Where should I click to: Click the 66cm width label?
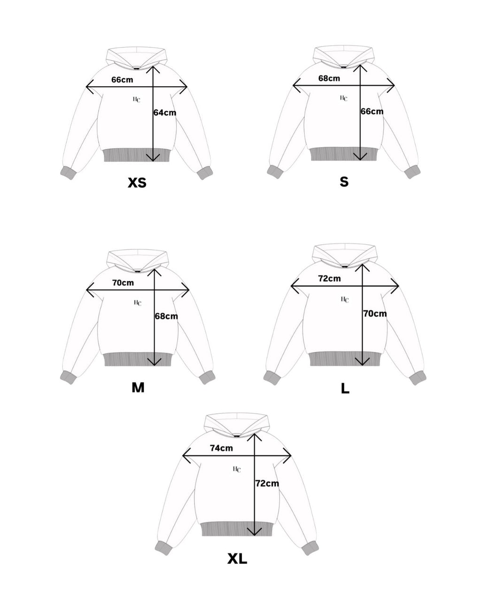[122, 79]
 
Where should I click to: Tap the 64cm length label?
[165, 113]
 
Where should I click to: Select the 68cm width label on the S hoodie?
[329, 78]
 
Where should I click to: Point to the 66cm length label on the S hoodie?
[372, 111]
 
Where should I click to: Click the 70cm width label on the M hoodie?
[123, 283]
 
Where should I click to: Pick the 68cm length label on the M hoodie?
[166, 316]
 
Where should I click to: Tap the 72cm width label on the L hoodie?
[329, 278]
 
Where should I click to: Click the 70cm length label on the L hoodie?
[375, 313]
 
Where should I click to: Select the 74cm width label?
[221, 448]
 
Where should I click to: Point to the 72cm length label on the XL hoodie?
[267, 483]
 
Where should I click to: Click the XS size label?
[137, 182]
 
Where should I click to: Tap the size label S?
[344, 182]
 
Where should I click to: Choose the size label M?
[138, 387]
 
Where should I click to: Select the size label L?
[345, 389]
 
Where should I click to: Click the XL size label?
[237, 559]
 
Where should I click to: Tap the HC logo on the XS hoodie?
[137, 99]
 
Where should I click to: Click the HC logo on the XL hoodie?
[237, 469]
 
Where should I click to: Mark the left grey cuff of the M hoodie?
[68, 377]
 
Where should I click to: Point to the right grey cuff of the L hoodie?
[417, 378]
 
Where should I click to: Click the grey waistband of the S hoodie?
[344, 154]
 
